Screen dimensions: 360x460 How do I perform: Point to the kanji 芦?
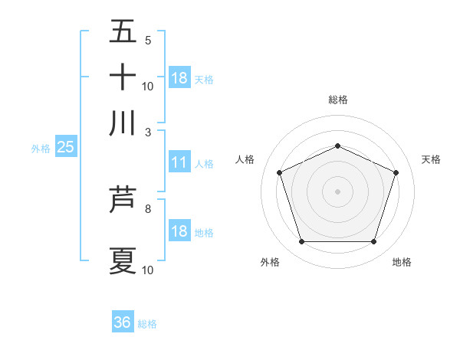point(123,201)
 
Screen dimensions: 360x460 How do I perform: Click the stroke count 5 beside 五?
point(148,40)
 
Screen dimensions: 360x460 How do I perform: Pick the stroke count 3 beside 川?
point(148,131)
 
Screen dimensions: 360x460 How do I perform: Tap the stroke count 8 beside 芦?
point(148,208)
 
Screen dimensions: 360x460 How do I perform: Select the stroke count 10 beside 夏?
point(148,269)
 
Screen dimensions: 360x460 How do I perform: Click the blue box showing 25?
point(65,148)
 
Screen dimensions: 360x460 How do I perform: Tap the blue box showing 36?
point(123,322)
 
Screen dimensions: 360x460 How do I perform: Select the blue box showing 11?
point(179,162)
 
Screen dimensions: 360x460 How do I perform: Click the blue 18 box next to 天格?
point(179,78)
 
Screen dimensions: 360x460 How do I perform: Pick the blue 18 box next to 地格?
point(179,232)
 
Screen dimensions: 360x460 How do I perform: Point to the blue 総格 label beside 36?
point(147,324)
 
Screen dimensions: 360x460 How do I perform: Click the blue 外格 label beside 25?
point(40,149)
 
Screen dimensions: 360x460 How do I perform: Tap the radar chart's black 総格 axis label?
point(337,100)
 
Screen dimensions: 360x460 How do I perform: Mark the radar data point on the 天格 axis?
point(396,172)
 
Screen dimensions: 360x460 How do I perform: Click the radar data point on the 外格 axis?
point(301,242)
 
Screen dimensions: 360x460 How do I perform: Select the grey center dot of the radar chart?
point(337,191)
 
